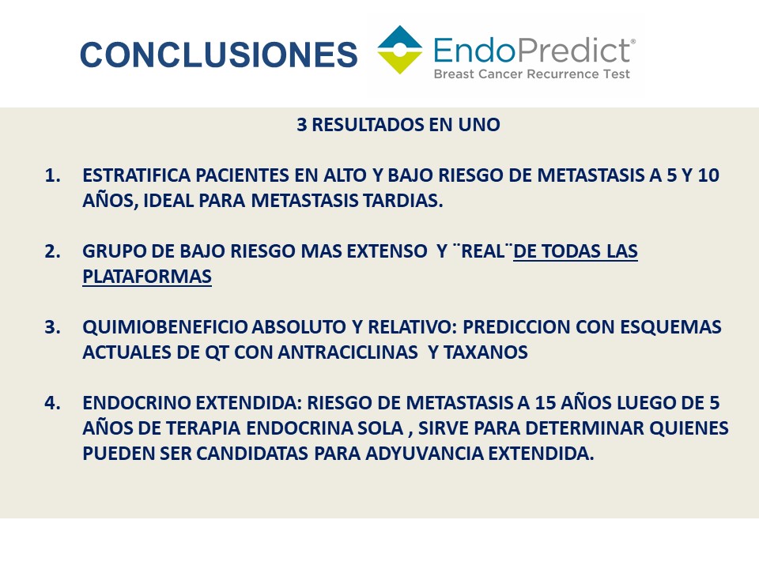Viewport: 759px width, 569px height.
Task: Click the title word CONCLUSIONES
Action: [x=218, y=54]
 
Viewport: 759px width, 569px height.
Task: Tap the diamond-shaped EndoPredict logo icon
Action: [x=400, y=50]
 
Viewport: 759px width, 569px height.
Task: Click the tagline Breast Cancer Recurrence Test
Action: [x=531, y=74]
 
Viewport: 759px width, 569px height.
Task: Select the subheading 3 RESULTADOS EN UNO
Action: [x=398, y=125]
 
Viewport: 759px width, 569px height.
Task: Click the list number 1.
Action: [x=52, y=175]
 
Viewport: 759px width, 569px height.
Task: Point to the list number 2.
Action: [x=52, y=251]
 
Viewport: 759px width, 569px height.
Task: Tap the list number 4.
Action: [x=52, y=403]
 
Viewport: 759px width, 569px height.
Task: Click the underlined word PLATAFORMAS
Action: [x=147, y=277]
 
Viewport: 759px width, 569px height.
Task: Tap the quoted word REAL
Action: [x=482, y=251]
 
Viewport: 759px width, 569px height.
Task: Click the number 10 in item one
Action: [x=708, y=175]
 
